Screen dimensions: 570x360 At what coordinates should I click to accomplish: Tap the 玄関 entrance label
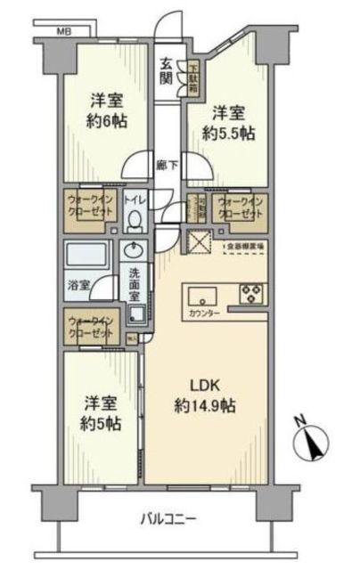pos(168,70)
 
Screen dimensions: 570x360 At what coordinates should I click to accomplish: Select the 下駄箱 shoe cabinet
pos(192,78)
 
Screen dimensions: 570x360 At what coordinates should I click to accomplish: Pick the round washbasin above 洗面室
pos(136,250)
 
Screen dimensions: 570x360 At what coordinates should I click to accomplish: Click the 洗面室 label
pos(135,282)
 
